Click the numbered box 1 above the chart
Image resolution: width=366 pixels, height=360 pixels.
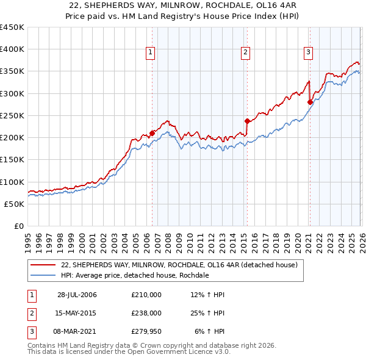click(x=151, y=53)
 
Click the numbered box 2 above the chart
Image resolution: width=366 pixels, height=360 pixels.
click(x=245, y=53)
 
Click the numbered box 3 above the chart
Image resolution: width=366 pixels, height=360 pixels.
click(x=308, y=53)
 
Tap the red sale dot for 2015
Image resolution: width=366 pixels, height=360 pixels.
click(x=247, y=121)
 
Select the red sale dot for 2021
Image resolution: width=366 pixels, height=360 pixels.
click(x=309, y=103)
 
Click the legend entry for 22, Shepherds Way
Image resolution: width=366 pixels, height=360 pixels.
click(x=179, y=265)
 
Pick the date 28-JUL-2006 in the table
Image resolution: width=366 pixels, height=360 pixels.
click(x=77, y=295)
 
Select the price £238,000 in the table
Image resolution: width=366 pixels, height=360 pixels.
click(x=146, y=313)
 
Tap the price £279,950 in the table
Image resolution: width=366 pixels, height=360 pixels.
click(x=146, y=331)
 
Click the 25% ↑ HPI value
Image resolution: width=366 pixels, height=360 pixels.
click(x=207, y=313)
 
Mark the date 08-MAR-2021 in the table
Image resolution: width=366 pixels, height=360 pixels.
click(x=77, y=331)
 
